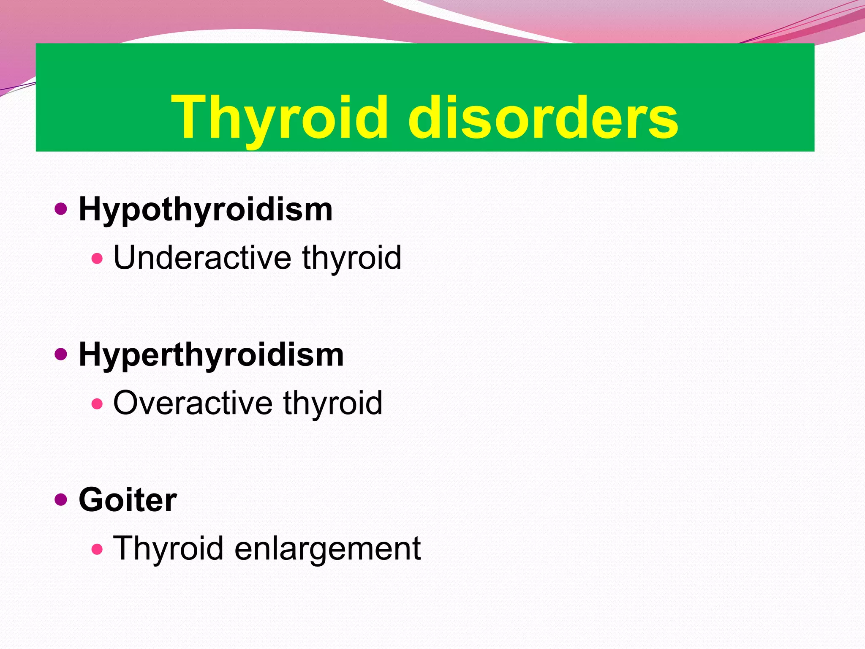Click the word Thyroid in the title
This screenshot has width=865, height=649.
(x=279, y=117)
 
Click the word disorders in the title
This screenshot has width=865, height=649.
(x=543, y=117)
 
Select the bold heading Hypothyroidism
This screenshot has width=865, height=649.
(x=206, y=210)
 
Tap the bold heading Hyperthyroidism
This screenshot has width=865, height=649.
(x=211, y=355)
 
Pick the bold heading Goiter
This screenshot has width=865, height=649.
(x=128, y=500)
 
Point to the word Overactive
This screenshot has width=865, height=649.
(x=193, y=403)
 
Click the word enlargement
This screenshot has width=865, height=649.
(x=327, y=548)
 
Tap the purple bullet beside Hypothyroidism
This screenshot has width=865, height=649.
(x=61, y=209)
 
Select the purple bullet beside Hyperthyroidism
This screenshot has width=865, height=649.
(x=61, y=354)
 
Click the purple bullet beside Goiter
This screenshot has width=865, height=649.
(x=61, y=500)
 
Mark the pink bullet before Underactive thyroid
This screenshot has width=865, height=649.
(x=97, y=258)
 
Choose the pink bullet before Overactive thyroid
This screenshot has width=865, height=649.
(x=97, y=404)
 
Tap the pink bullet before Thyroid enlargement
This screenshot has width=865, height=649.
(x=97, y=549)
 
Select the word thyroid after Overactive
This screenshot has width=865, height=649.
(x=333, y=403)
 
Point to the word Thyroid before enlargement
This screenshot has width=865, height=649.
(x=168, y=548)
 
